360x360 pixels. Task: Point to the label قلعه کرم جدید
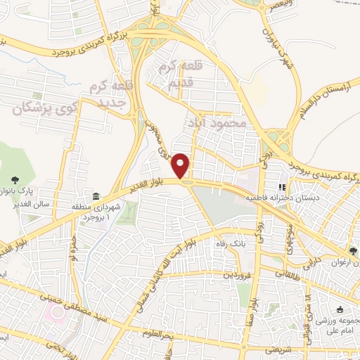coord(110,94)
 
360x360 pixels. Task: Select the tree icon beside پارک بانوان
coord(15,181)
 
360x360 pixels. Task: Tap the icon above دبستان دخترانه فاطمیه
coord(282,188)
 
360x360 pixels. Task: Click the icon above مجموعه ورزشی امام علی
coord(340,310)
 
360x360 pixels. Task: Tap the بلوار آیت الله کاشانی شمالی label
coord(155,268)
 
